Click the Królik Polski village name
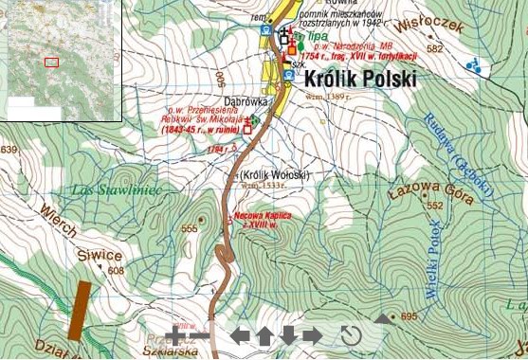tap(360, 80)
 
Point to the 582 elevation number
tap(435, 48)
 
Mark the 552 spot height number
tap(435, 206)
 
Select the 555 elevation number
tap(190, 228)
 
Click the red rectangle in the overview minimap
tap(51, 62)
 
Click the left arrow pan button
tap(241, 334)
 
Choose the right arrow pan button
tap(312, 334)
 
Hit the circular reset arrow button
tap(351, 335)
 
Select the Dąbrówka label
tap(246, 99)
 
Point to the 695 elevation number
tap(409, 316)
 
